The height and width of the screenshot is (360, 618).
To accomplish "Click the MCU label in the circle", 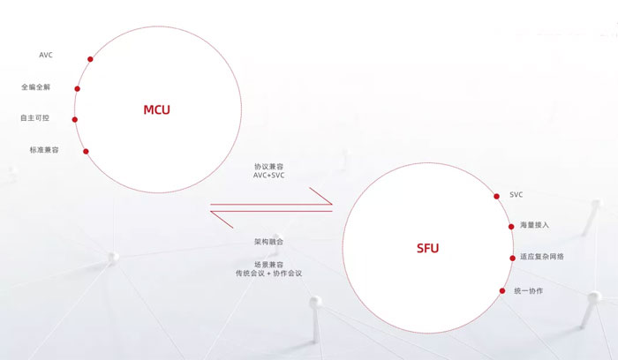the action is pyautogui.click(x=156, y=109).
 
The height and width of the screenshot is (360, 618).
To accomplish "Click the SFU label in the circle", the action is pyautogui.click(x=427, y=248).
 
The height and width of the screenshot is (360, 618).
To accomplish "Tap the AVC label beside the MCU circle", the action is pyautogui.click(x=46, y=55).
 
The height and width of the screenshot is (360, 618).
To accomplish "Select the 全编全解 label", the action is pyautogui.click(x=36, y=86).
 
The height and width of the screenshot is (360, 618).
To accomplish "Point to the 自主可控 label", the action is pyautogui.click(x=34, y=117).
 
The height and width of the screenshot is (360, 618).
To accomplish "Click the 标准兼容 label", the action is pyautogui.click(x=44, y=150).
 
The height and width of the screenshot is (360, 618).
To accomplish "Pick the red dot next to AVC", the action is pyautogui.click(x=90, y=59).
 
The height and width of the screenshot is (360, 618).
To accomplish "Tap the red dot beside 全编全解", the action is pyautogui.click(x=78, y=88).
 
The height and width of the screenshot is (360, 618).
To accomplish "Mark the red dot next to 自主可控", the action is pyautogui.click(x=75, y=119).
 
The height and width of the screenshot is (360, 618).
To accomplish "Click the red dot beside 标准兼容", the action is pyautogui.click(x=86, y=151).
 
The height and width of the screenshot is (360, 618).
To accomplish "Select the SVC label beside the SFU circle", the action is pyautogui.click(x=516, y=195).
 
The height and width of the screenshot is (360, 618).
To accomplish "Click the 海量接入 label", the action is pyautogui.click(x=534, y=225).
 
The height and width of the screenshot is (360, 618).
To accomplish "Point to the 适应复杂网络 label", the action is pyautogui.click(x=542, y=257).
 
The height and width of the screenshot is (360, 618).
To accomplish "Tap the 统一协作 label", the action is pyautogui.click(x=529, y=290).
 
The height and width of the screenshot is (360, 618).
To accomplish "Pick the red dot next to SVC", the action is pyautogui.click(x=496, y=196).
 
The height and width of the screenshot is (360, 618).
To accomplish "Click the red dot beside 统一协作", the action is pyautogui.click(x=502, y=290).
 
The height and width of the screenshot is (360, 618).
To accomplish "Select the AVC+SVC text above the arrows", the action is pyautogui.click(x=268, y=176).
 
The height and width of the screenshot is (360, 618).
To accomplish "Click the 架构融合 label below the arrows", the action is pyautogui.click(x=268, y=242).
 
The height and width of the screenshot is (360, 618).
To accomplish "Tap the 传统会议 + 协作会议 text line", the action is pyautogui.click(x=268, y=273).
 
